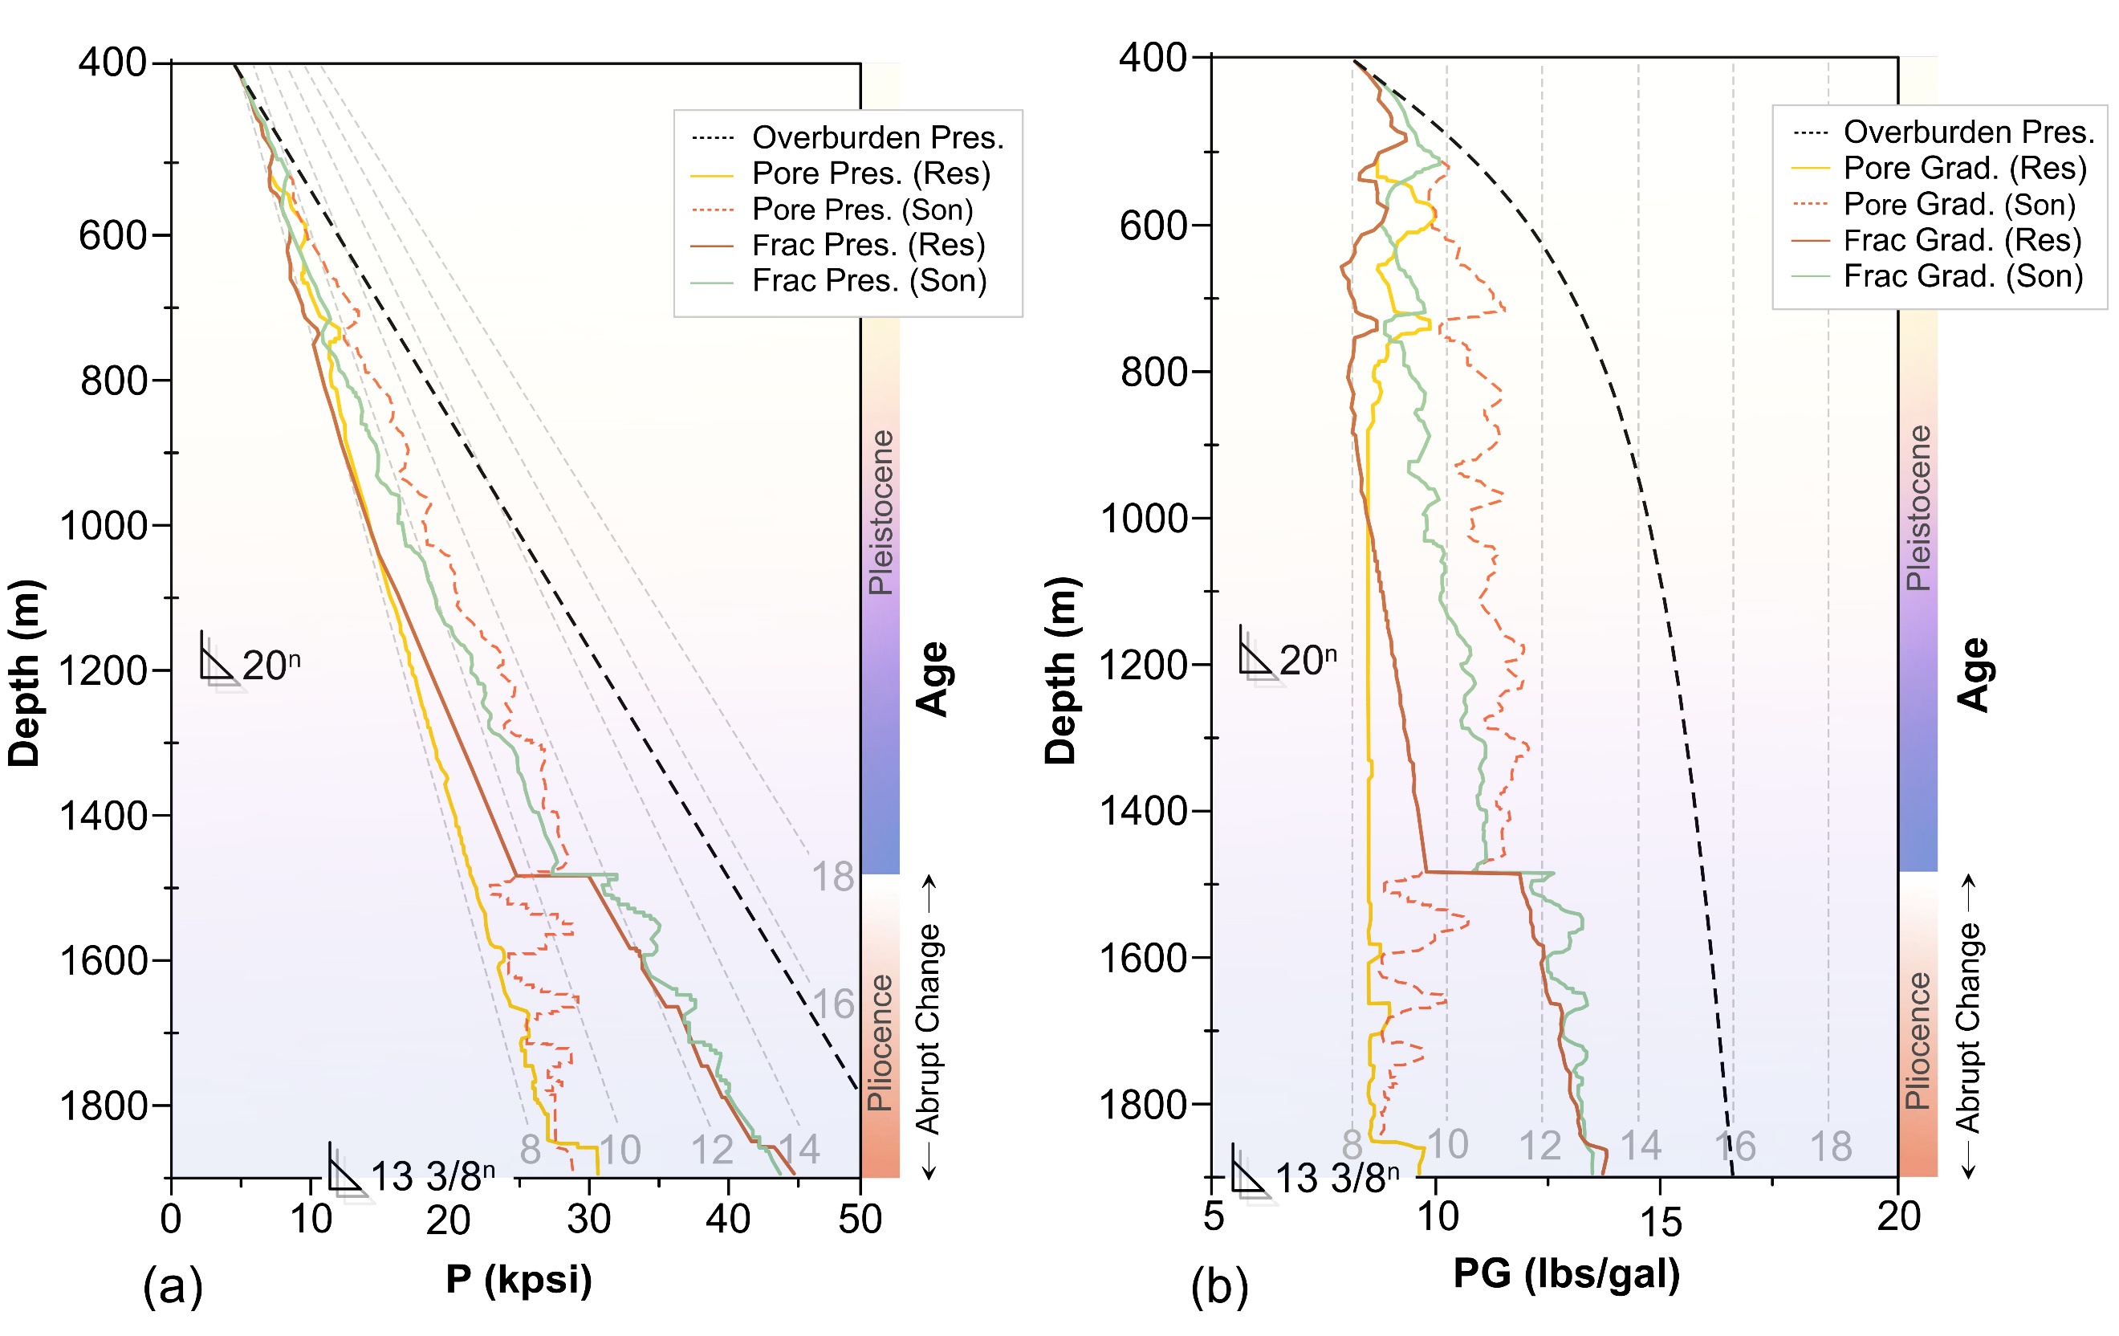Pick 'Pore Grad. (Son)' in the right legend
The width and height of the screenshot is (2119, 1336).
click(x=1958, y=204)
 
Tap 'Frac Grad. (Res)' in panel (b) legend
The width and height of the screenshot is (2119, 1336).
click(x=1962, y=240)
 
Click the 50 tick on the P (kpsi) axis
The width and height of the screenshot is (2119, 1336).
click(x=860, y=1219)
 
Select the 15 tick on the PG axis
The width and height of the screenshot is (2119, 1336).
click(x=1661, y=1220)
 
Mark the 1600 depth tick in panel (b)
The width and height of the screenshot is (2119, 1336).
click(x=1144, y=957)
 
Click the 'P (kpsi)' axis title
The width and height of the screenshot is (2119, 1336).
click(x=519, y=1278)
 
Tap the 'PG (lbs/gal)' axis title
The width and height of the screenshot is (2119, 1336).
click(x=1566, y=1273)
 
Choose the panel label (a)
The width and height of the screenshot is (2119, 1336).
click(x=173, y=1287)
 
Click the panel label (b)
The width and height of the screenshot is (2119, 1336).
click(x=1220, y=1287)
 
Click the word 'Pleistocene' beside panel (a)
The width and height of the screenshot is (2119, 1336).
click(x=881, y=512)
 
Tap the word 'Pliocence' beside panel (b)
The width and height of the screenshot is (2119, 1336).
click(x=1918, y=1041)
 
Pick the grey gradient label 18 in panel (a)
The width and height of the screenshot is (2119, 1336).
click(x=832, y=877)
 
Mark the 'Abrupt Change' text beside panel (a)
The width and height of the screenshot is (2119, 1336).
click(x=929, y=1028)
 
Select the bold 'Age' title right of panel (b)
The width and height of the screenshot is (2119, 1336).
click(x=1974, y=674)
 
